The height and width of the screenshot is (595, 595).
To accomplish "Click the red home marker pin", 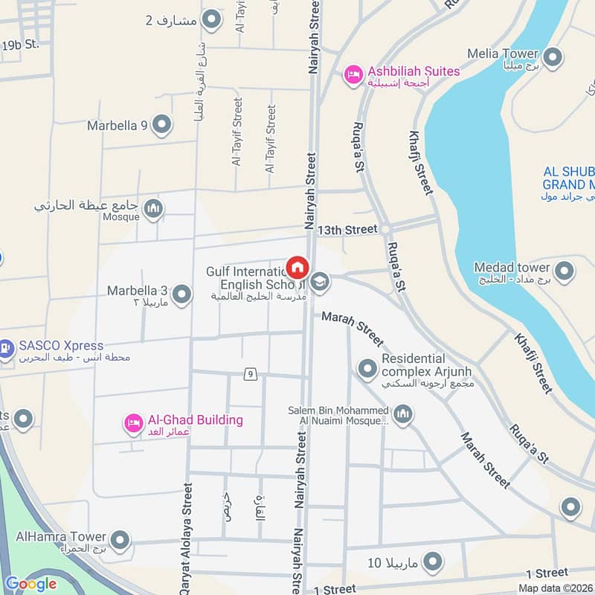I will (x=297, y=267).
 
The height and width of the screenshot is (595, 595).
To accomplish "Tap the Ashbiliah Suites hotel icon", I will (x=353, y=74).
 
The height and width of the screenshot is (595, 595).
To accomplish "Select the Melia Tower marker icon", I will (x=553, y=57).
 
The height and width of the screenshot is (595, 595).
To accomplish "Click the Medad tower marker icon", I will (x=565, y=271).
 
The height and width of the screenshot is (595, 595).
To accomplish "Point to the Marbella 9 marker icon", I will (x=161, y=125).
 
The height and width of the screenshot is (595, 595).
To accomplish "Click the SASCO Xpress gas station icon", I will (x=6, y=348).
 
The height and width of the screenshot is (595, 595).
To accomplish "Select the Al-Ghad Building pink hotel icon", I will (x=133, y=423).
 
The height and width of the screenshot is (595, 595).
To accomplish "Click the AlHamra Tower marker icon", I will (x=120, y=539).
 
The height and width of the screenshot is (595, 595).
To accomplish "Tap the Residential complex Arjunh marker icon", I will (x=367, y=368).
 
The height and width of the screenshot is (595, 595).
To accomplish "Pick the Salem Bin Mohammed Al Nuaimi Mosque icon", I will (x=402, y=414).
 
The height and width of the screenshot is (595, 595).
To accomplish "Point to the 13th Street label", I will (x=347, y=230).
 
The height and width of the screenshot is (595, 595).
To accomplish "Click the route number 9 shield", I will (x=251, y=373).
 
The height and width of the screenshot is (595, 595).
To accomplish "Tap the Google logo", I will (x=30, y=584).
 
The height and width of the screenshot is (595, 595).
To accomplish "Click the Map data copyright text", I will (x=556, y=588).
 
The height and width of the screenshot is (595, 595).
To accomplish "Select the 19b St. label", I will (x=20, y=45).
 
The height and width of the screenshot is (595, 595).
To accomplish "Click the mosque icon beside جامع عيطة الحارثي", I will (x=153, y=208).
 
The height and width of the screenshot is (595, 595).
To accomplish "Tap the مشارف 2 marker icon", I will (x=212, y=20).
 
